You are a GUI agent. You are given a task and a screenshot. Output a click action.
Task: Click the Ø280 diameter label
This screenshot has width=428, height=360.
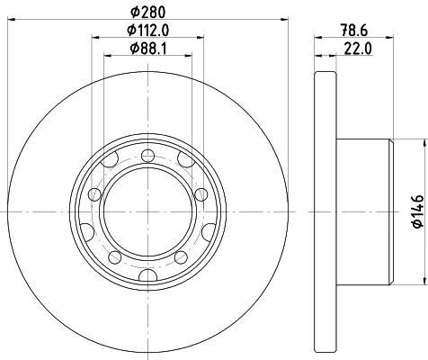(x=148, y=13)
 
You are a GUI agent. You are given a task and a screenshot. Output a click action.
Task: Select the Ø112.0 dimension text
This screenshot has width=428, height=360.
(x=148, y=30)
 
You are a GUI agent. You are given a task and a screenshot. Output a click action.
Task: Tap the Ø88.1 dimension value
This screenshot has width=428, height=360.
(x=148, y=49)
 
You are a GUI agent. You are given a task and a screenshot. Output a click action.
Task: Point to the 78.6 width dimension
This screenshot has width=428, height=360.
(x=353, y=31)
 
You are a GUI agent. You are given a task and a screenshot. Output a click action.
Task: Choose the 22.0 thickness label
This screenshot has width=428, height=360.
(x=358, y=49)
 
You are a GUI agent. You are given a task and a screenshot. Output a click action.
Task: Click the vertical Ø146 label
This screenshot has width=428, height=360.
(x=418, y=211)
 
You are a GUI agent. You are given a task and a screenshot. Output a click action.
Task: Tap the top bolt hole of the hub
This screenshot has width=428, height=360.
(x=147, y=156)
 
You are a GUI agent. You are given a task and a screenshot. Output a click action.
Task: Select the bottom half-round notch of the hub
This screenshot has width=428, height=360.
(x=148, y=274)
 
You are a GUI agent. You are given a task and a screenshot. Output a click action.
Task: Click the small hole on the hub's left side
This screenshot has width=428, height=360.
(x=95, y=194)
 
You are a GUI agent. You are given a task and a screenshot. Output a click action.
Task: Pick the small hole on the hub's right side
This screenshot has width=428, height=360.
(x=201, y=194)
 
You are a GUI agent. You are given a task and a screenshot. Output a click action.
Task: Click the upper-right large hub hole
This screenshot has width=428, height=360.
(x=186, y=159)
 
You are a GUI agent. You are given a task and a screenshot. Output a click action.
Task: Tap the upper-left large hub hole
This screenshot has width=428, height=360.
(x=110, y=159)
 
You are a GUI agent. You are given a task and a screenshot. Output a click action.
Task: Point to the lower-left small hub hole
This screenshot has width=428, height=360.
(x=115, y=257)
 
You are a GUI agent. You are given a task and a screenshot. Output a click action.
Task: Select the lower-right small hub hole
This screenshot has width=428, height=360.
(x=181, y=257)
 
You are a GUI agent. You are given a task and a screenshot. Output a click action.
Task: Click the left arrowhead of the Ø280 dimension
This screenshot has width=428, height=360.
(x=11, y=19)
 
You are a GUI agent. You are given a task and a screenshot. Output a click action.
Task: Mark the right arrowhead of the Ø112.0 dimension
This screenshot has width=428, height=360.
(x=201, y=37)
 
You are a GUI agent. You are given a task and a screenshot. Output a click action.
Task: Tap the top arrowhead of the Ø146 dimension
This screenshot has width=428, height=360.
(x=424, y=143)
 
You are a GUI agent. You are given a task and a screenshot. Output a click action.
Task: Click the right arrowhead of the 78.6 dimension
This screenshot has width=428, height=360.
(x=389, y=37)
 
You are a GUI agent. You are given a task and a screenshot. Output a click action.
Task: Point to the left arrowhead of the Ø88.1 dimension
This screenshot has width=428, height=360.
(x=108, y=56)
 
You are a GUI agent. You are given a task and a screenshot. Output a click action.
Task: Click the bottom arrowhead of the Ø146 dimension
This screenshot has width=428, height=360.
(x=424, y=281)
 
